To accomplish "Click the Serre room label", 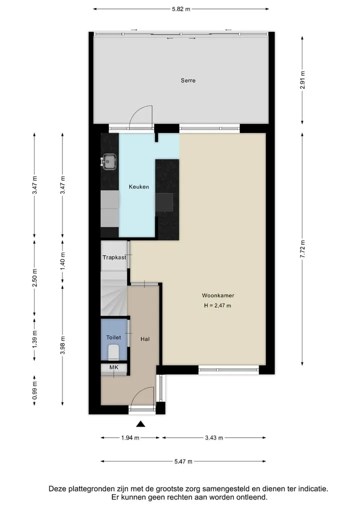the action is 188,80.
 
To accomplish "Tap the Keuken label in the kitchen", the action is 139,187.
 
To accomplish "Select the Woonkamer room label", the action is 218,296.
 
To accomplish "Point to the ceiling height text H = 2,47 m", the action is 217,306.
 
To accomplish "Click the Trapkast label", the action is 114,258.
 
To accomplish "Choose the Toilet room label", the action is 113,337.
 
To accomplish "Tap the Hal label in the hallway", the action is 145,339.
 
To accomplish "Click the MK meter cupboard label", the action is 114,368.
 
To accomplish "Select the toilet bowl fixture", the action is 113,352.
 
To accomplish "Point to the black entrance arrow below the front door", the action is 140,424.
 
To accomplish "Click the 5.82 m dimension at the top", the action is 181,9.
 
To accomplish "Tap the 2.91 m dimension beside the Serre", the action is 302,80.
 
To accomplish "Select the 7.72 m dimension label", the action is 302,249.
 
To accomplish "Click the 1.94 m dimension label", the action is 130,438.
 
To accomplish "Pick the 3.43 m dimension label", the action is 214,438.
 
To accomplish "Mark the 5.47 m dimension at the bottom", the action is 183,462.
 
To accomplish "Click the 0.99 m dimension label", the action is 34,391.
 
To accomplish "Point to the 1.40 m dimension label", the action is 63,262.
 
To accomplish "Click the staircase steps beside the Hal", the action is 113,294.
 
